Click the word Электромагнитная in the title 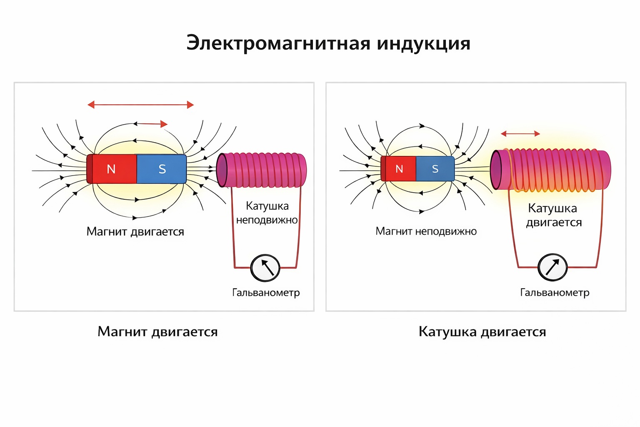click(x=278, y=43)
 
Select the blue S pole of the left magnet click(x=162, y=169)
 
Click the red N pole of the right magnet click(x=399, y=169)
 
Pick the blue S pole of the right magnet click(x=435, y=169)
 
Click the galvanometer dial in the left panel click(x=265, y=268)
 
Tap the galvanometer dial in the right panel click(x=552, y=267)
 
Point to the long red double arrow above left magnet click(x=140, y=105)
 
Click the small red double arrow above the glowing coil click(x=520, y=134)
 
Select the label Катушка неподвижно click(x=267, y=213)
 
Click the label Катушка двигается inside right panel click(x=553, y=215)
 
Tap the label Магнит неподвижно click(x=426, y=231)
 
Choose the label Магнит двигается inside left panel click(x=135, y=232)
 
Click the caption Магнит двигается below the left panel click(x=157, y=332)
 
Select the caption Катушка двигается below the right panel click(x=482, y=332)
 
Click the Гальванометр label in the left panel click(x=266, y=293)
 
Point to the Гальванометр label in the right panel click(x=555, y=293)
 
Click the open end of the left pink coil click(x=222, y=170)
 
